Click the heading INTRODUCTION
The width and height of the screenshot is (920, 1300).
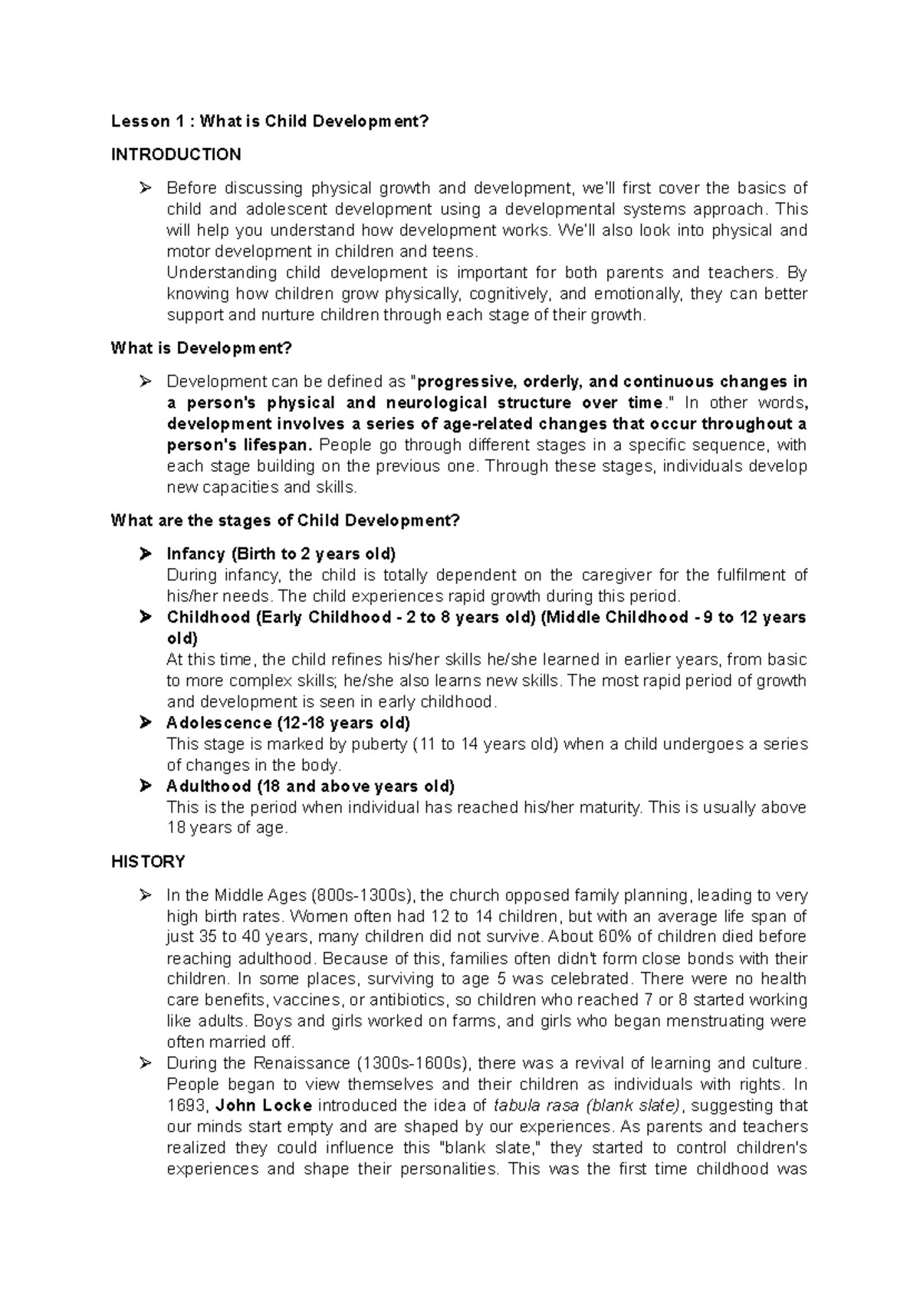176,155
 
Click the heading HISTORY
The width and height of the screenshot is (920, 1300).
148,862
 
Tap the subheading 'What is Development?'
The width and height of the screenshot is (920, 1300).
202,348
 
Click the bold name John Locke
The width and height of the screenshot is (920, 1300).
264,1105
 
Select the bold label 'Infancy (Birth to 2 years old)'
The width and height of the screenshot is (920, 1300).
281,553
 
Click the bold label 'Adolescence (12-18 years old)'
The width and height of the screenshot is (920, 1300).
288,723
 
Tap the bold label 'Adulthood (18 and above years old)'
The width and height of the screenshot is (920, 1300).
310,786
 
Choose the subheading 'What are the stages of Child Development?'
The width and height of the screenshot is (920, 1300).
285,520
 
